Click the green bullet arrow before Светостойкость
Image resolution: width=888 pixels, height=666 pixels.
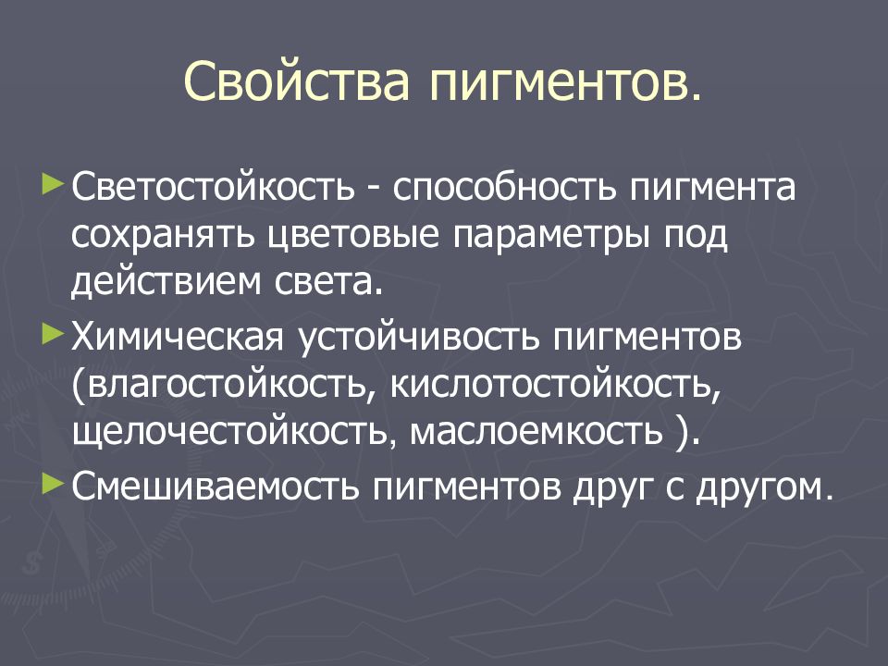click(x=55, y=175)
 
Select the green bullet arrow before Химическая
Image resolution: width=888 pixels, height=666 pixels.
click(x=55, y=330)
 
